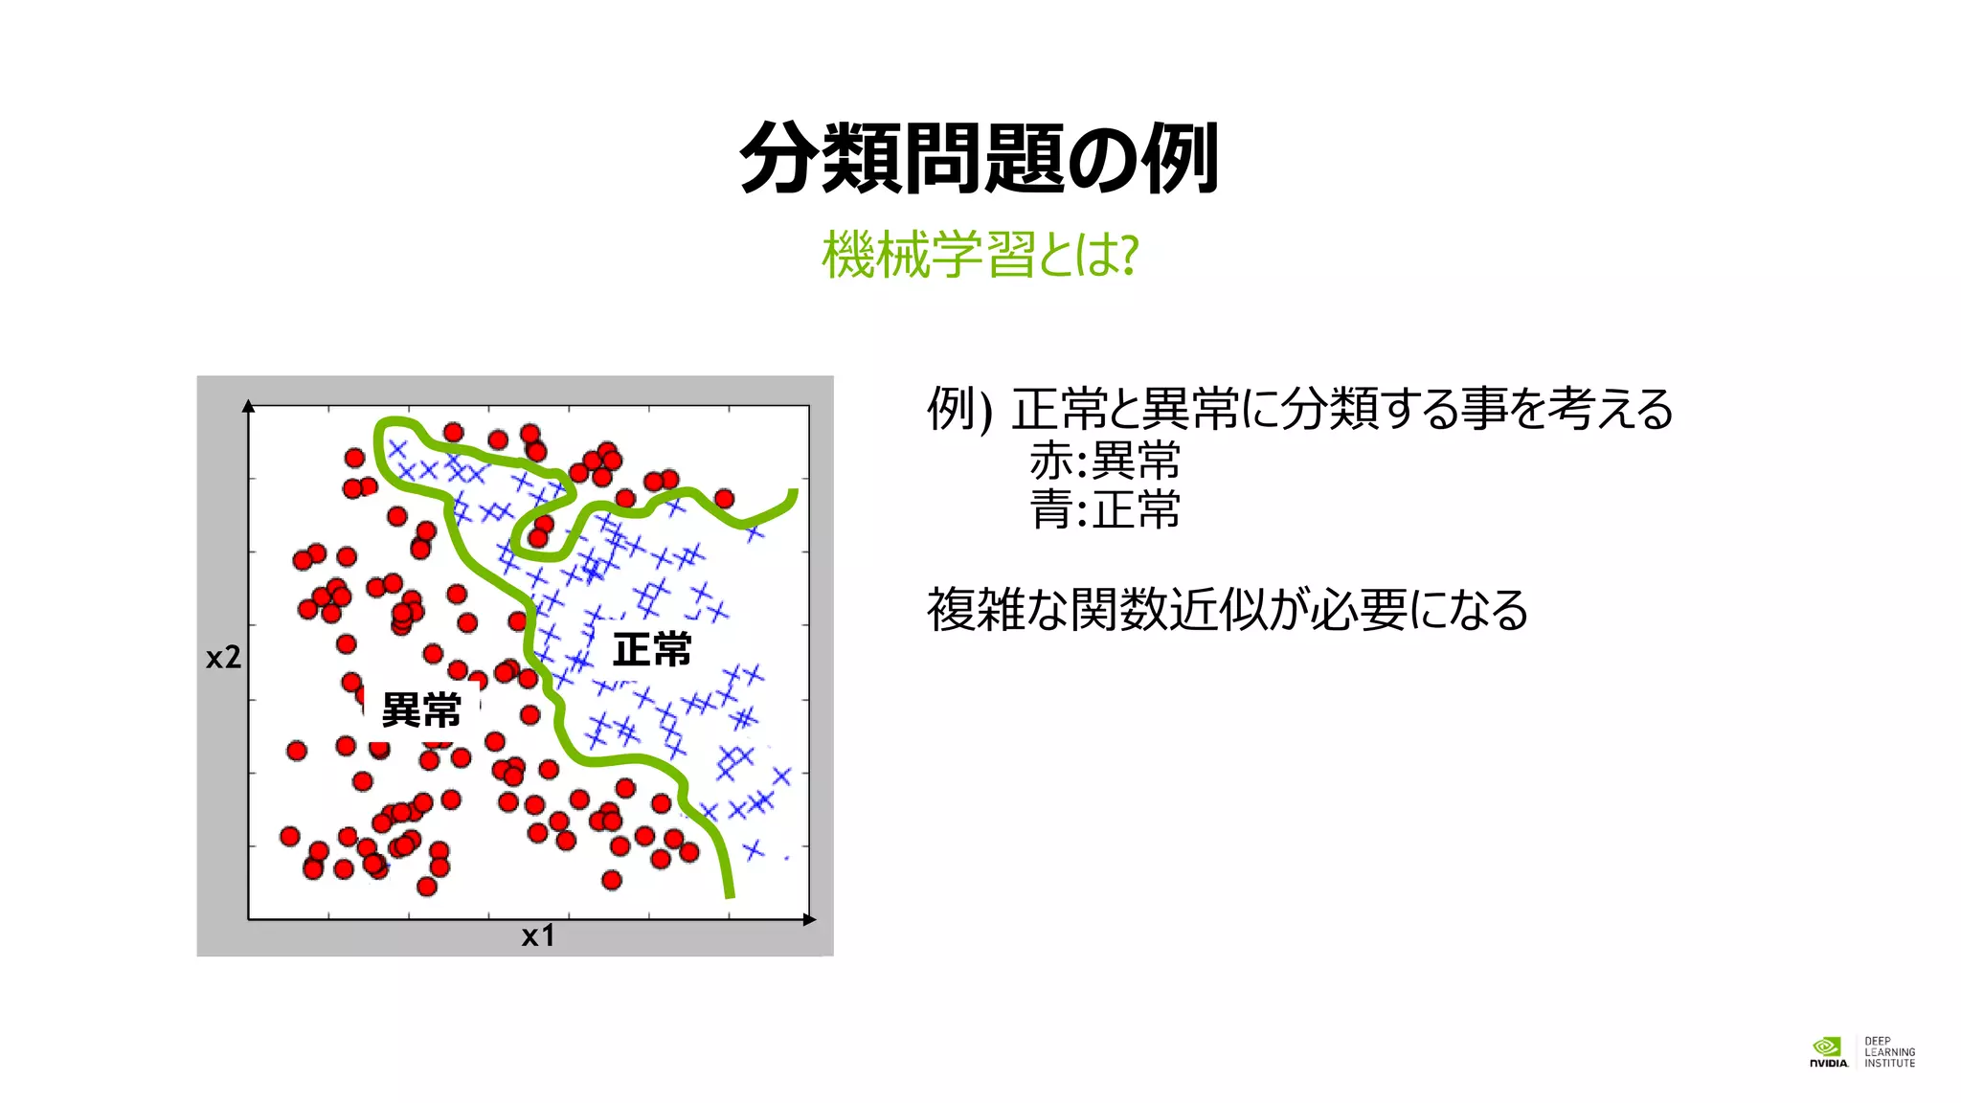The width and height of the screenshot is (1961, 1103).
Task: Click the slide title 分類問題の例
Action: [979, 158]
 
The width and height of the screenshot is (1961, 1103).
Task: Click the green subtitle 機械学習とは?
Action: [979, 255]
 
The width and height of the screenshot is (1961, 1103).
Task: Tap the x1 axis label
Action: [538, 935]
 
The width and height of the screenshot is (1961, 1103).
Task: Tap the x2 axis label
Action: [223, 657]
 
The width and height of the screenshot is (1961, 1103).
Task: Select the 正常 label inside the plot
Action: [651, 650]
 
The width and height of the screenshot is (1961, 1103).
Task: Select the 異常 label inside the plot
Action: [421, 710]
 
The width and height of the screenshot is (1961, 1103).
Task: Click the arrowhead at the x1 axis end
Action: [810, 919]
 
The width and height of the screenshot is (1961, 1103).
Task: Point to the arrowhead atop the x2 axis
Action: [249, 406]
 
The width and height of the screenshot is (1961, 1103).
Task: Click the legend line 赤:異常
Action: [1104, 461]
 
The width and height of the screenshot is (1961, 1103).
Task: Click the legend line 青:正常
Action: [1104, 509]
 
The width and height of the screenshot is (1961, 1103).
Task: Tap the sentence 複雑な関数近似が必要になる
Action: [1227, 610]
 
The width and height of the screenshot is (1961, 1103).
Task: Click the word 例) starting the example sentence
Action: [958, 410]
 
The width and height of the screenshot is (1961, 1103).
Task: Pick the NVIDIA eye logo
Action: [1827, 1047]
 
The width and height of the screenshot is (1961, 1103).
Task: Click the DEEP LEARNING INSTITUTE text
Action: [1889, 1051]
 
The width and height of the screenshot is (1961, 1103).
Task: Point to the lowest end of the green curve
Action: [730, 895]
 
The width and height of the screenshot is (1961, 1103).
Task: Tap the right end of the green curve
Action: [793, 494]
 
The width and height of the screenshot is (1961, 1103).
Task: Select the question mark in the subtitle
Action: [1129, 256]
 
